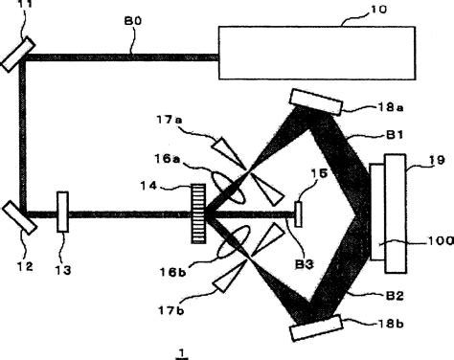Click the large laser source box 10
317,53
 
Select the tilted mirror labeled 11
18,54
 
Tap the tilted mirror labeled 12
19,215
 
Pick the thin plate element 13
62,212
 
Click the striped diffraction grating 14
199,213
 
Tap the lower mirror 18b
315,326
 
